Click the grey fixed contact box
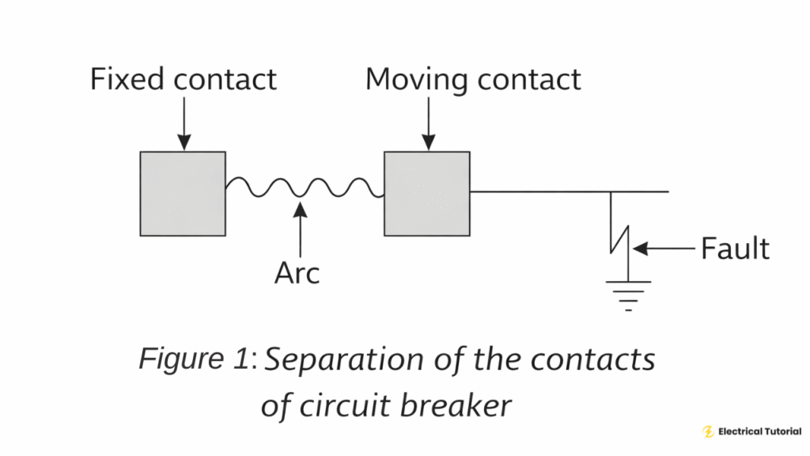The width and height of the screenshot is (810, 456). pos(183,194)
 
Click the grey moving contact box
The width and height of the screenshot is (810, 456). pos(427,194)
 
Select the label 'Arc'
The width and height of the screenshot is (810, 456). pos(297,273)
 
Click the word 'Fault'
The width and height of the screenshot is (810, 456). pos(735,249)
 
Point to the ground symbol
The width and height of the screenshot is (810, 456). pos(628,293)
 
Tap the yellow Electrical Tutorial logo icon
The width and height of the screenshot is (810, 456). pos(708,431)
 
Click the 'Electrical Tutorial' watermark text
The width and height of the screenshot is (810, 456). pos(759,431)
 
